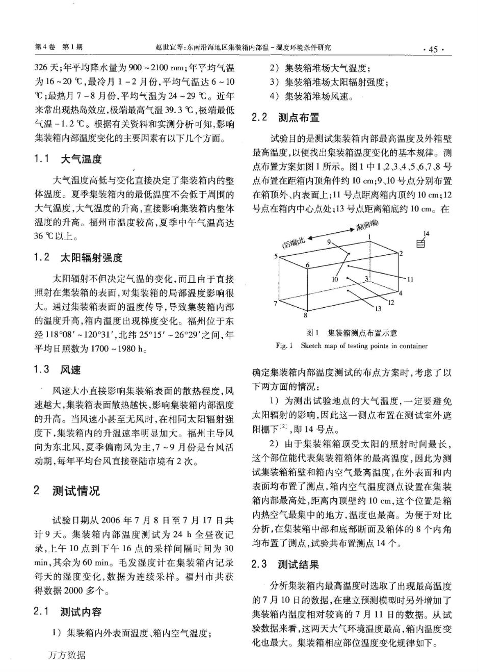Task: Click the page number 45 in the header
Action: (434, 49)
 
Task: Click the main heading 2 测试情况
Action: (67, 491)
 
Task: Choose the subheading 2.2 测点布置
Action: (286, 118)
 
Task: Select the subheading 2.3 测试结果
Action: (286, 565)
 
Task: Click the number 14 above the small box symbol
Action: (427, 233)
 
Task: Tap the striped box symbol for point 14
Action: (421, 245)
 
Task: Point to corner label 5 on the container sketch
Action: (276, 256)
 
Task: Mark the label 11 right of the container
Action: (410, 279)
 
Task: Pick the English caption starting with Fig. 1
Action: (352, 346)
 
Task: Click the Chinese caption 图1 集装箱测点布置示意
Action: (352, 333)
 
